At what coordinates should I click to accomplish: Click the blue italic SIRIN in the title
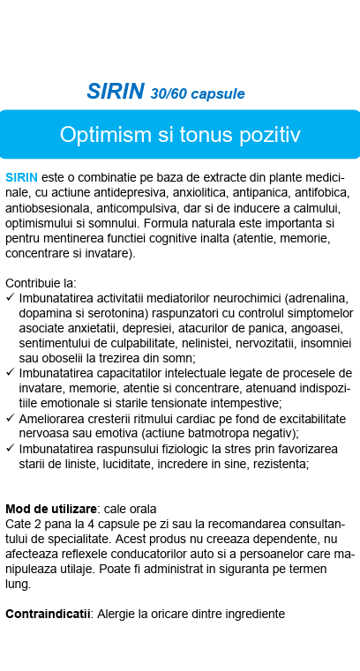(x=116, y=91)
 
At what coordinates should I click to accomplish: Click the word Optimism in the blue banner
(x=97, y=134)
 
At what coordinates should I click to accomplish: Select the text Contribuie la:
(x=41, y=283)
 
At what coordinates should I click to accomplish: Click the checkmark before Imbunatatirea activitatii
(x=10, y=298)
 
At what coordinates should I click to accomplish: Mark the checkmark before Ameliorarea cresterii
(x=10, y=418)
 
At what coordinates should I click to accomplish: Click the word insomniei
(x=320, y=343)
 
